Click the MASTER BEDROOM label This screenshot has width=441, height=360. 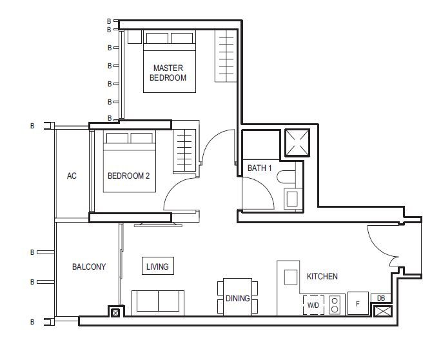[x=168, y=73]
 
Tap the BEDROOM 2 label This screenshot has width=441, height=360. [x=128, y=176]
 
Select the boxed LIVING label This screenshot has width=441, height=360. [x=158, y=266]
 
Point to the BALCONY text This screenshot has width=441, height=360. [x=89, y=266]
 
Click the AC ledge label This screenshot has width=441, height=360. [x=72, y=176]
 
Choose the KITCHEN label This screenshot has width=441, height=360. [x=322, y=276]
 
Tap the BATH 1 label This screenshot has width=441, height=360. [x=259, y=168]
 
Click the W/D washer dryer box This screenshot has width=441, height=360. [x=313, y=305]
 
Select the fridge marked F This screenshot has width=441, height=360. [x=358, y=303]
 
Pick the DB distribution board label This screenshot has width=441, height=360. [x=381, y=298]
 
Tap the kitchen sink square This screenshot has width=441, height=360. [x=291, y=277]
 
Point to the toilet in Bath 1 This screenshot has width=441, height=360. [x=286, y=177]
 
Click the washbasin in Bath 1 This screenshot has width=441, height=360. [x=293, y=199]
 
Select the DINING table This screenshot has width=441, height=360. [x=237, y=297]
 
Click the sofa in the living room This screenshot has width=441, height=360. [x=158, y=303]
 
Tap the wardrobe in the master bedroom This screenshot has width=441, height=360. [x=226, y=56]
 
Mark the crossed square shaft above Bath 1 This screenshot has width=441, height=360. [x=297, y=143]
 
